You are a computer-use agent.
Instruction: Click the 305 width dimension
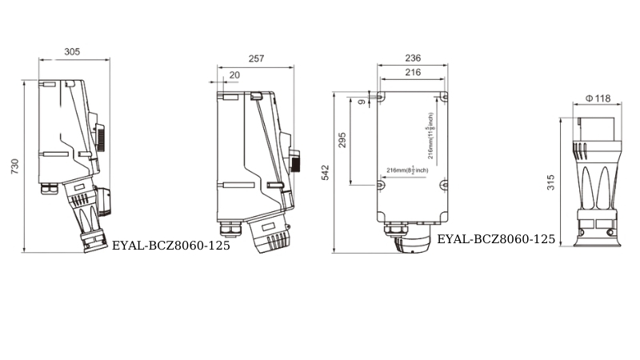[x=72, y=52]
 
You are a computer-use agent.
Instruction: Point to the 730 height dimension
[x=14, y=166]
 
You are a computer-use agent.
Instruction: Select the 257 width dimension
[x=256, y=58]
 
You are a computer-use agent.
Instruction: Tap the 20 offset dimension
[x=234, y=75]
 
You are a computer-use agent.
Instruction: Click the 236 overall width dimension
[x=413, y=58]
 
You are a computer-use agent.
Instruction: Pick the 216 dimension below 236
[x=413, y=72]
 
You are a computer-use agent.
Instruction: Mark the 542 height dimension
[x=326, y=173]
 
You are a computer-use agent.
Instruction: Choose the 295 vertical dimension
[x=342, y=140]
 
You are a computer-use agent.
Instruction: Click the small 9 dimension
[x=362, y=102]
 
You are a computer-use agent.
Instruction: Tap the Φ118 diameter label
[x=598, y=98]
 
